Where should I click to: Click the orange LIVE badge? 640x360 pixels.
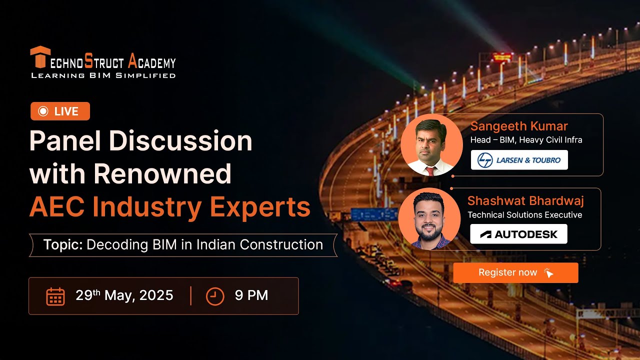click(x=60, y=111)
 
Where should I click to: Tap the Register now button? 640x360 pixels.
click(x=515, y=273)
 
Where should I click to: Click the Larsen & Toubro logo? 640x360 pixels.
click(x=519, y=160)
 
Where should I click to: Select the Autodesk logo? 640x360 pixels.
click(x=518, y=234)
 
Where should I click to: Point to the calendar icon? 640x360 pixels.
click(x=55, y=296)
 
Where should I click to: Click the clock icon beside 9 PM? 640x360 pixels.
click(x=215, y=296)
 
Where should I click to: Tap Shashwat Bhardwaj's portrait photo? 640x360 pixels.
click(x=429, y=219)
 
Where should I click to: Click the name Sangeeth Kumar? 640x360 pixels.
click(x=519, y=126)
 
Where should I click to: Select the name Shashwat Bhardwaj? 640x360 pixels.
click(x=525, y=200)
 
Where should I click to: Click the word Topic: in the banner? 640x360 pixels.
click(x=63, y=245)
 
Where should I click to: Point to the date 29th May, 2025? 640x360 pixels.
click(x=124, y=295)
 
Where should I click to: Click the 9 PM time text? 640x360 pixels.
click(x=251, y=295)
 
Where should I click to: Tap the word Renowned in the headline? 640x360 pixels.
click(x=162, y=174)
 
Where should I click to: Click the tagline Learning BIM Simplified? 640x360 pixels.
click(x=103, y=75)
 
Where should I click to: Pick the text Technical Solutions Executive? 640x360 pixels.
click(x=524, y=215)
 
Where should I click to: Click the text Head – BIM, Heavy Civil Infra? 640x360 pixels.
click(x=526, y=140)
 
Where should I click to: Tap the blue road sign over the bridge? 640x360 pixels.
click(x=367, y=214)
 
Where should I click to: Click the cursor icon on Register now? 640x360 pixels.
click(x=548, y=273)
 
